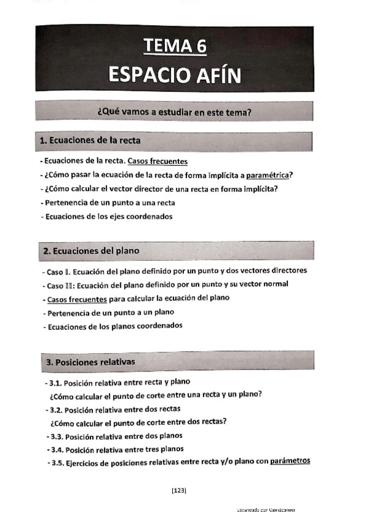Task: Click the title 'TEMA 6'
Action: tap(175, 47)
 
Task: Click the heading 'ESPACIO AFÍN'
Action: tap(175, 75)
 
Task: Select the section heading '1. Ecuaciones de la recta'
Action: tap(90, 141)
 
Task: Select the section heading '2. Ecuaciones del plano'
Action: tap(91, 251)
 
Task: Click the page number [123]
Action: tap(179, 490)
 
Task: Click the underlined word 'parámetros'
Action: tap(290, 461)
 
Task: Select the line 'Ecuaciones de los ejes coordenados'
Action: tap(108, 216)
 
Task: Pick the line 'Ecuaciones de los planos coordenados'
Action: tap(114, 326)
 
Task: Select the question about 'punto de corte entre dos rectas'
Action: tap(139, 422)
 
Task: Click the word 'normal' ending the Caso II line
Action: tap(276, 284)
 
